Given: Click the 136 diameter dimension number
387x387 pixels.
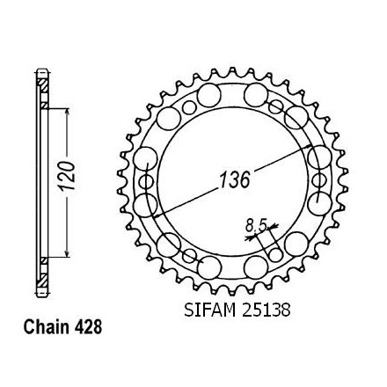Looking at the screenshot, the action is click(235, 179).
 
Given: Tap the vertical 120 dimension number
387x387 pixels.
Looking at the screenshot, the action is click(67, 175).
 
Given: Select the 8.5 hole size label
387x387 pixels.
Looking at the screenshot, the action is click(256, 226).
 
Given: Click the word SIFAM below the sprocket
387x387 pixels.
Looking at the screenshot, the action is click(210, 310).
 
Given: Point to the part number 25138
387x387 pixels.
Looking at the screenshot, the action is click(266, 310).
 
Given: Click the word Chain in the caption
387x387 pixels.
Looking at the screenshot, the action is click(47, 327).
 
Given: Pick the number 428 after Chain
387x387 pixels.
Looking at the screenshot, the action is click(88, 327).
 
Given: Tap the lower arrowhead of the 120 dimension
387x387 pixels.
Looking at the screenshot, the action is click(68, 252).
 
